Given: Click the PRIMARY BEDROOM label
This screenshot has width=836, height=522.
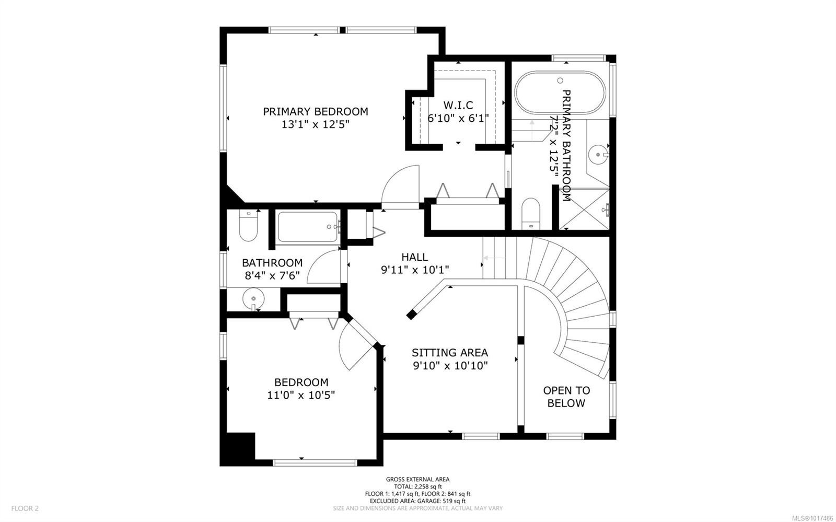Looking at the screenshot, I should pyautogui.click(x=315, y=111).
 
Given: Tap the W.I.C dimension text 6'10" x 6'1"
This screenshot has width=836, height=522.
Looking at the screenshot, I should pyautogui.click(x=458, y=118).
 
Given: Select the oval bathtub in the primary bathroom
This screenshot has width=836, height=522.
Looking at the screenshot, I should pyautogui.click(x=560, y=92).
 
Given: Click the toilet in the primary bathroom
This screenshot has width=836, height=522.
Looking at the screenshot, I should pyautogui.click(x=530, y=213).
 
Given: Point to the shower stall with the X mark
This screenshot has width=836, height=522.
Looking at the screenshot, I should pyautogui.click(x=585, y=209).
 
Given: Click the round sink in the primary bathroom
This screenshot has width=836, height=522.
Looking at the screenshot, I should pyautogui.click(x=598, y=154).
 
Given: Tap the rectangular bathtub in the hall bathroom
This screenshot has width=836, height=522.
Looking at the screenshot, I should pyautogui.click(x=308, y=227).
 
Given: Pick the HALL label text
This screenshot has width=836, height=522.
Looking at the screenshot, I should pyautogui.click(x=414, y=257).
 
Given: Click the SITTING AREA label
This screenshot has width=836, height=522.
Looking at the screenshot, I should pyautogui.click(x=449, y=353).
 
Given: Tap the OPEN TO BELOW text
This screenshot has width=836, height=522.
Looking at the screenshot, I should pyautogui.click(x=566, y=397).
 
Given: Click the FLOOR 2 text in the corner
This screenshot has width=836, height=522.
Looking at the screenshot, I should pyautogui.click(x=25, y=508).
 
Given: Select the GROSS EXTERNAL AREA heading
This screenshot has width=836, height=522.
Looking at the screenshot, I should pyautogui.click(x=417, y=479).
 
